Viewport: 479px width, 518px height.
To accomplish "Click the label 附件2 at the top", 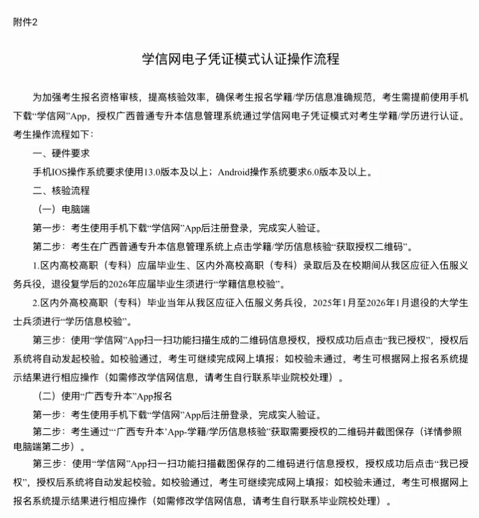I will click(25, 22).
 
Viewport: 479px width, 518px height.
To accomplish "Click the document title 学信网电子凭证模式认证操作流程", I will click(240, 59).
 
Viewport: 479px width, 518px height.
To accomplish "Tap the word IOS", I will click(63, 172).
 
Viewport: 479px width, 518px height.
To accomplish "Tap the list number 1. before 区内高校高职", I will click(36, 266).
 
